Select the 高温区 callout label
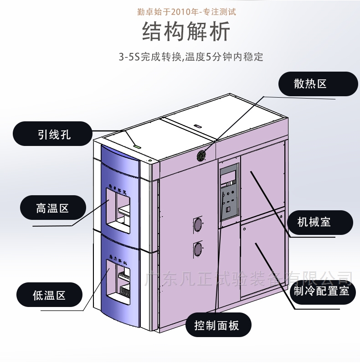click(52, 208)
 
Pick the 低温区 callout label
click(49, 295)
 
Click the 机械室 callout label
click(314, 223)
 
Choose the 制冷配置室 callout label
click(322, 291)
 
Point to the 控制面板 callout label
click(216, 325)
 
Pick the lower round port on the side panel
click(198, 249)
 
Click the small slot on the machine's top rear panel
click(196, 126)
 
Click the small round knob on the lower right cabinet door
click(244, 229)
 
